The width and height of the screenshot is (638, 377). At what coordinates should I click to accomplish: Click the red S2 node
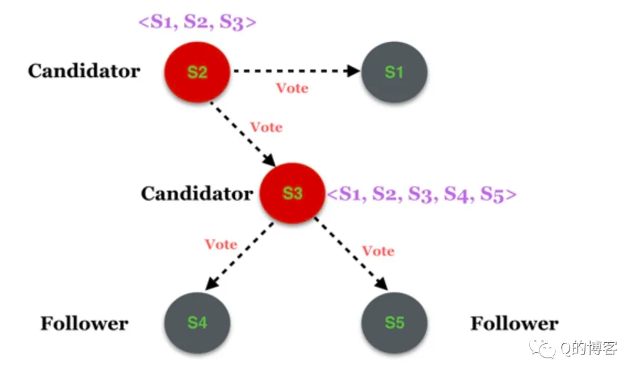point(197,71)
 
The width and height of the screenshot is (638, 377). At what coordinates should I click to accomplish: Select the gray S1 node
point(394,71)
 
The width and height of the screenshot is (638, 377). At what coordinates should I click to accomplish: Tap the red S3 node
point(292,193)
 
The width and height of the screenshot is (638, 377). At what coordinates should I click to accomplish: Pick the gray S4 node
point(197,323)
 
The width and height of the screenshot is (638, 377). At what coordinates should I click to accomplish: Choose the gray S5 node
point(394,323)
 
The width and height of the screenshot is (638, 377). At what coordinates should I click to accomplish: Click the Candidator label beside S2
point(84,71)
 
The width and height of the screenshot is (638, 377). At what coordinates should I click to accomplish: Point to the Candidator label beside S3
point(197,194)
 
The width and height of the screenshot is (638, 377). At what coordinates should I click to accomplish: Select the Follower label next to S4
point(84,323)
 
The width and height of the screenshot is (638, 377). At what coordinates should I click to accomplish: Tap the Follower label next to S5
point(515,323)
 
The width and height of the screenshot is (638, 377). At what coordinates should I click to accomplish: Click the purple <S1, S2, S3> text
point(197,22)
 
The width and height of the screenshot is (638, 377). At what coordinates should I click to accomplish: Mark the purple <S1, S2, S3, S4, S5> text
point(422,194)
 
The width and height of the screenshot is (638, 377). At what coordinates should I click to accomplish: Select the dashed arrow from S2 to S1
point(296,71)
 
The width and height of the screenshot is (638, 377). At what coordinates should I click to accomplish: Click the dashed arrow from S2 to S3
point(243,134)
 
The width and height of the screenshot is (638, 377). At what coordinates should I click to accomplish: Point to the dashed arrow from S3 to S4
point(239,256)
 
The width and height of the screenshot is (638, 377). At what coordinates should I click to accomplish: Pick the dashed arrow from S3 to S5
point(351,254)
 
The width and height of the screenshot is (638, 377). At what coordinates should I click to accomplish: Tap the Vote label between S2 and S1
point(292,88)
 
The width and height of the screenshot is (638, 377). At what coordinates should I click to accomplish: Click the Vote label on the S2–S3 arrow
point(266,127)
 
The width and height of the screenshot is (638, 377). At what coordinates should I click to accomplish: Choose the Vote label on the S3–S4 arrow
point(221,244)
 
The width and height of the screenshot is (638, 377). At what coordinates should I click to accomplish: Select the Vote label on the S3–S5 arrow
point(379,251)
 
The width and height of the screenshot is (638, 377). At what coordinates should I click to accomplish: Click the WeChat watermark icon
point(542,349)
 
